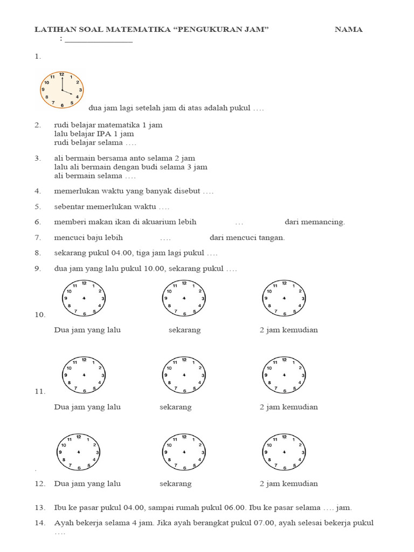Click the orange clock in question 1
pos(62,89)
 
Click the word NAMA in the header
pos(348,30)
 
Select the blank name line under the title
pos(99,40)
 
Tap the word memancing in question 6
pos(326,222)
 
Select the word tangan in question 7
pos(271,237)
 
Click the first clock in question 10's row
pos(84,298)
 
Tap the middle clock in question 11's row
pos(184,375)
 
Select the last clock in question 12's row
pos(284,451)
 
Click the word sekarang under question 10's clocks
pos(184,330)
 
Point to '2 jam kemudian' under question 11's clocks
pos(288,407)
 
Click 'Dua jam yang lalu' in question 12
pos(87,484)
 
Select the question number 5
pos(38,206)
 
